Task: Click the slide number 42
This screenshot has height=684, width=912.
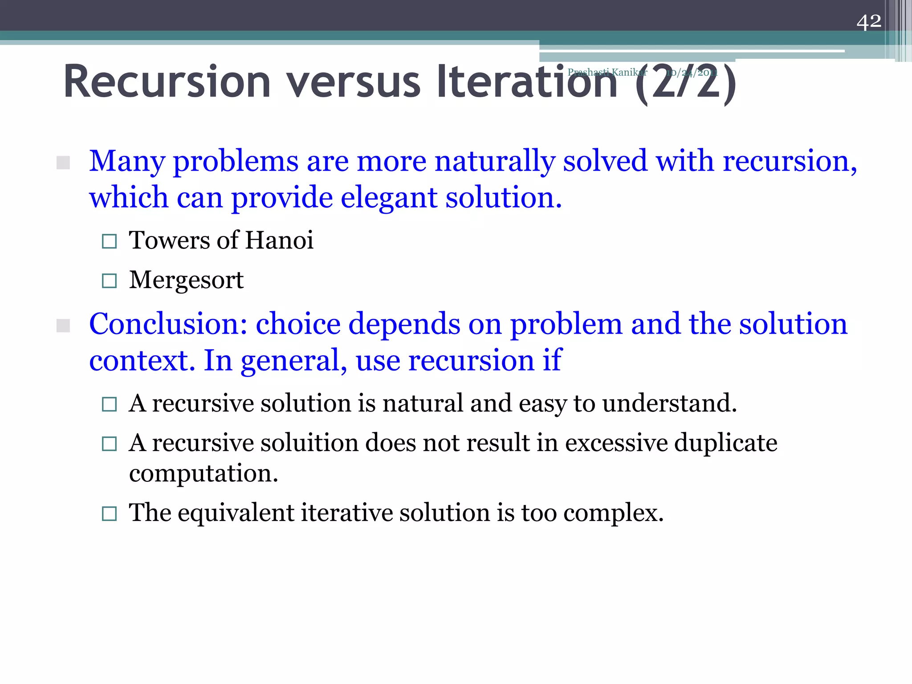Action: [x=868, y=21]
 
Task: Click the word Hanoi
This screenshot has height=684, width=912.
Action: [x=279, y=240]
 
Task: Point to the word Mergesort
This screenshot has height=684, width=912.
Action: [x=186, y=280]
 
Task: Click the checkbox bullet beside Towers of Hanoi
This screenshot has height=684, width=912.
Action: [x=109, y=241]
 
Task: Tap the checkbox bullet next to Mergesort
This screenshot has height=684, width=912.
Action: [x=109, y=281]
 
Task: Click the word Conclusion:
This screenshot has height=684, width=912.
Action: [x=168, y=324]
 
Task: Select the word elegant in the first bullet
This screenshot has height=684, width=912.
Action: [x=389, y=197]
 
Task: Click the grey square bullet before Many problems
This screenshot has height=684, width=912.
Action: [x=63, y=163]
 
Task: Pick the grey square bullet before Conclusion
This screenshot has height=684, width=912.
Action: [x=63, y=326]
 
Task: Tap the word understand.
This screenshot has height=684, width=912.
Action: [x=669, y=403]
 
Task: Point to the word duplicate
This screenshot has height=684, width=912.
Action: [x=725, y=443]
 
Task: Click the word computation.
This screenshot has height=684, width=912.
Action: [x=204, y=473]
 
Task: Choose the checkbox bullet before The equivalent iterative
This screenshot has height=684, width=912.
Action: [x=109, y=514]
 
